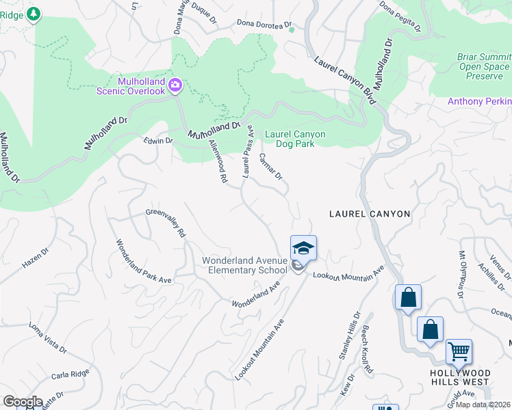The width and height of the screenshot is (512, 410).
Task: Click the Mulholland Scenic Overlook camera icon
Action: coord(175,85)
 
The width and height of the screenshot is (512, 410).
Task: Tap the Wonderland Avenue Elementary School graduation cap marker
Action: coord(303,247)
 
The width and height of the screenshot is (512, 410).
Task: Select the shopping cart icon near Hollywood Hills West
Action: coord(459,351)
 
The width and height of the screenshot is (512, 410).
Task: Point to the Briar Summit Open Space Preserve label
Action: coord(484,67)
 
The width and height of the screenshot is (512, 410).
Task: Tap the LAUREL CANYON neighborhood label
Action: coord(370,214)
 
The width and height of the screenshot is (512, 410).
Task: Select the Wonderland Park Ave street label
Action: coord(142,260)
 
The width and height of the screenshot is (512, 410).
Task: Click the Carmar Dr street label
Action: coord(271,166)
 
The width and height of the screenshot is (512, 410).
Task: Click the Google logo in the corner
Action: coord(23,402)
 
